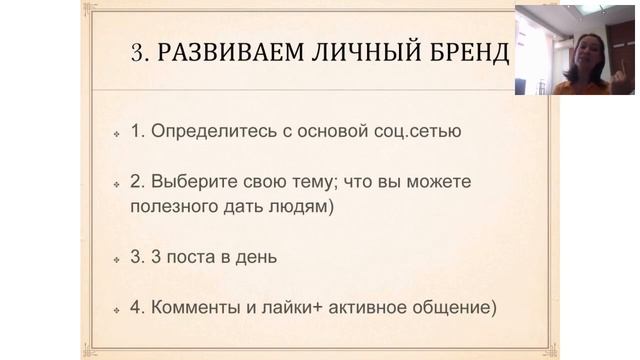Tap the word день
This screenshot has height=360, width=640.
[x=254, y=257]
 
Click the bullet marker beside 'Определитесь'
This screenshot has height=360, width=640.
[x=117, y=132]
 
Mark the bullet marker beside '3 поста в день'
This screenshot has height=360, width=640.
[x=117, y=259]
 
